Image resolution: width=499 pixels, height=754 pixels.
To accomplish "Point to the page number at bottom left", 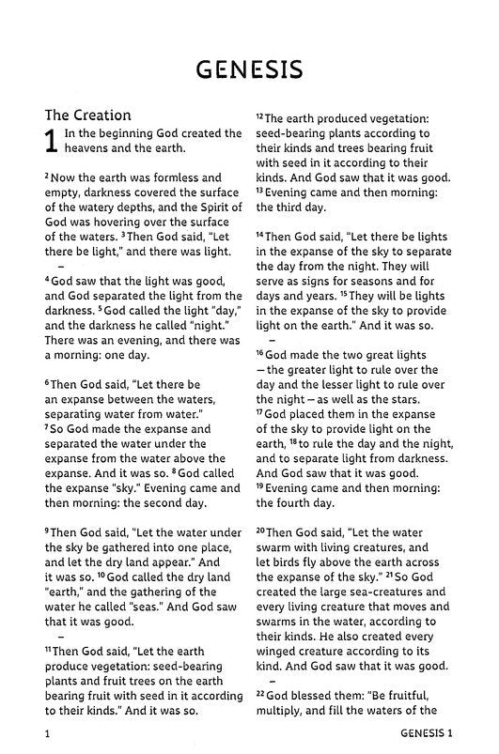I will [x=47, y=731].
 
